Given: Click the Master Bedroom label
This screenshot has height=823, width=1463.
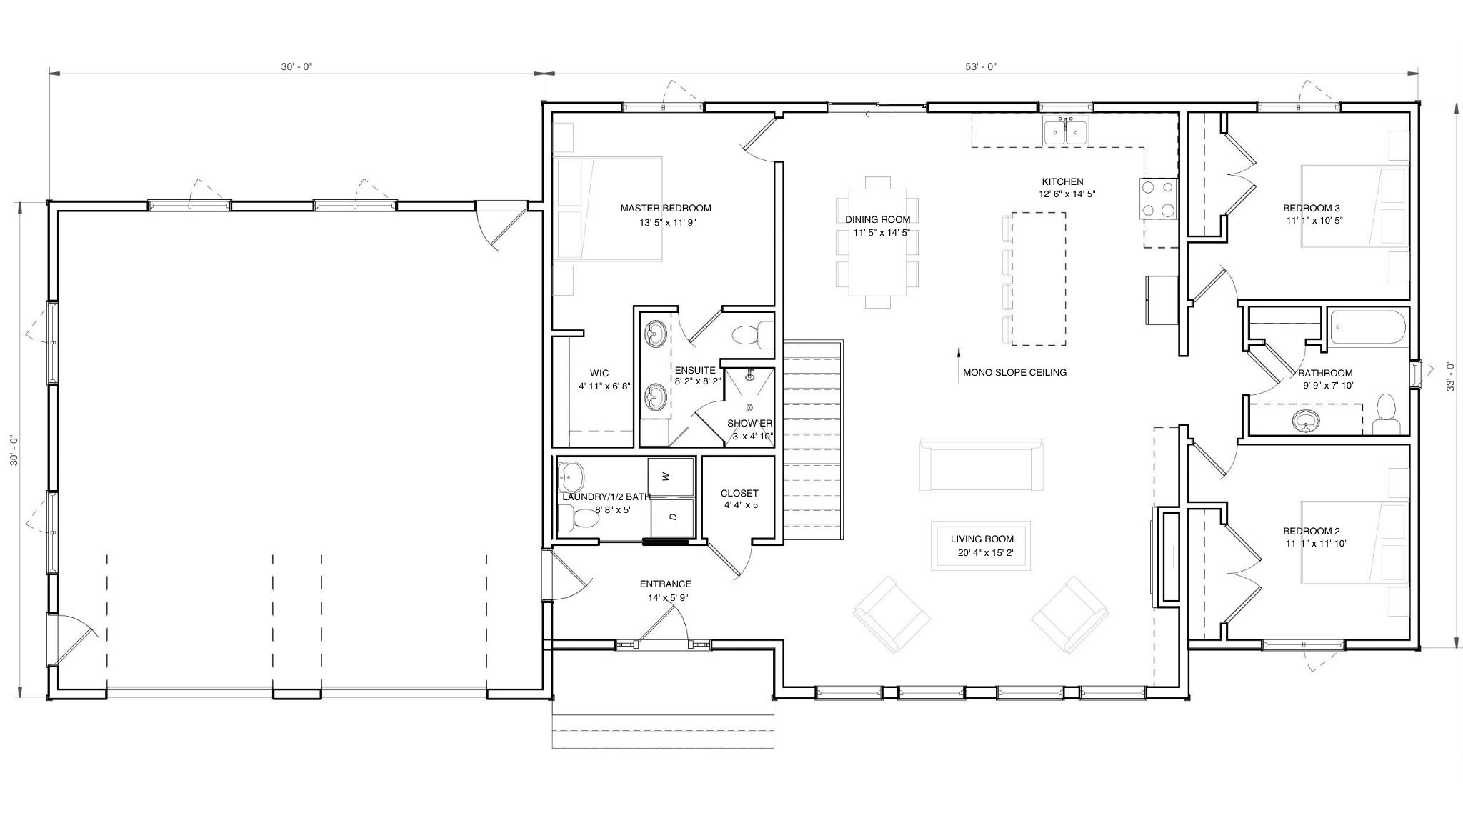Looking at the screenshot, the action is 666,209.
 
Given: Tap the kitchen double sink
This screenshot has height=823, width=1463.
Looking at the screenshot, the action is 1065,132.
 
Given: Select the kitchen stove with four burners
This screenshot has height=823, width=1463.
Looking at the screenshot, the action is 1158,198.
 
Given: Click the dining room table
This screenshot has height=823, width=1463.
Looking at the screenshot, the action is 877,242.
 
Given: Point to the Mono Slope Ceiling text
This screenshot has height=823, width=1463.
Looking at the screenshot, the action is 1014,372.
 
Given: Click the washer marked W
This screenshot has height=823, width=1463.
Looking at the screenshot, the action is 671,477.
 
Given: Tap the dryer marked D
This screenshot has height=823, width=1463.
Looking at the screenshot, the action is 671,517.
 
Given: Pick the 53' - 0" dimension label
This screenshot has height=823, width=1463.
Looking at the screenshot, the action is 981,66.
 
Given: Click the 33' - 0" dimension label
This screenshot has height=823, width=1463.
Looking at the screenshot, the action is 1450,375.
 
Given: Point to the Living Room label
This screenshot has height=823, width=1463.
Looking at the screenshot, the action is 982,539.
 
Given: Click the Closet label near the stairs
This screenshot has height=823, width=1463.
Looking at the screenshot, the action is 739,493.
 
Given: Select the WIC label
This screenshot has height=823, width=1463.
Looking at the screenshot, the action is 599,373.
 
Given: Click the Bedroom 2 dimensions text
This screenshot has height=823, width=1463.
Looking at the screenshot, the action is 1316,544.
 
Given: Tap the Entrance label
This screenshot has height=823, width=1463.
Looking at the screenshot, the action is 666,584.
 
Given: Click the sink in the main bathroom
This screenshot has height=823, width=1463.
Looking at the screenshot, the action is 1307,421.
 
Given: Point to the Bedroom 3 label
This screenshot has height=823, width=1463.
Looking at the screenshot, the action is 1312,209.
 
